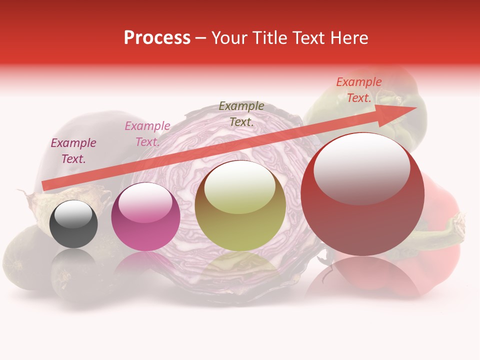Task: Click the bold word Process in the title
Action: point(157,38)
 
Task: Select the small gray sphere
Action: point(74,224)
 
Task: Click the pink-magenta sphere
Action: point(145,217)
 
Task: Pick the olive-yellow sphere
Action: point(240,206)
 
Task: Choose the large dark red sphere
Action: point(362,195)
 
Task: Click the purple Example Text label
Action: point(73,151)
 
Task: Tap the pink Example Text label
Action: point(147,134)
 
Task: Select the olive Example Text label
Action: point(241,114)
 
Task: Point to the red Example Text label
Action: point(359,90)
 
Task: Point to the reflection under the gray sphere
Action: point(74,262)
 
